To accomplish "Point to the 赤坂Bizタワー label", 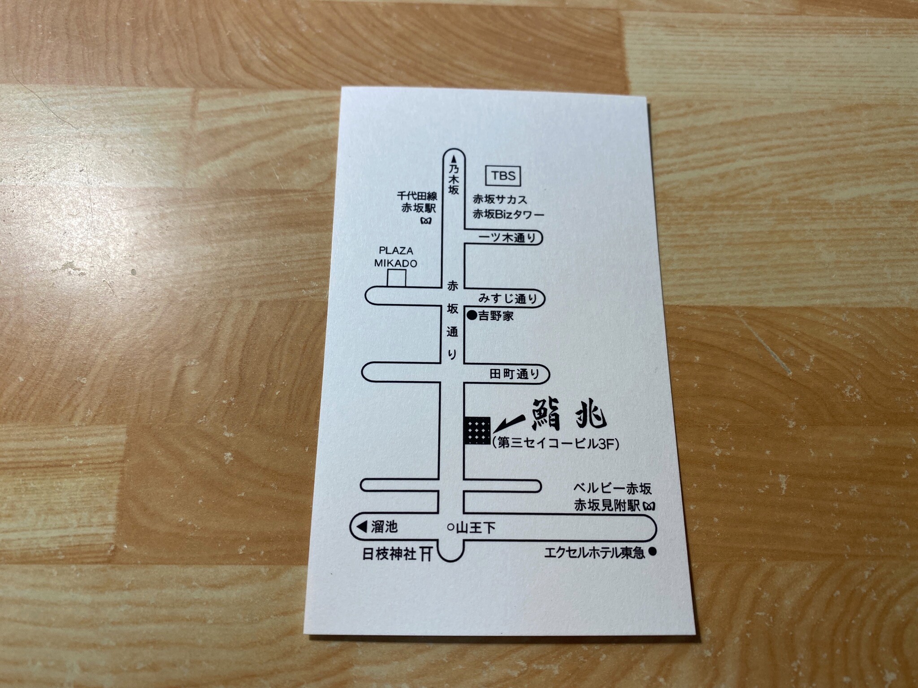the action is tap(508, 215).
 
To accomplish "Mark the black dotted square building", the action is tap(477, 430).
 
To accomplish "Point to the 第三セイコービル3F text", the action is tap(555, 443).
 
